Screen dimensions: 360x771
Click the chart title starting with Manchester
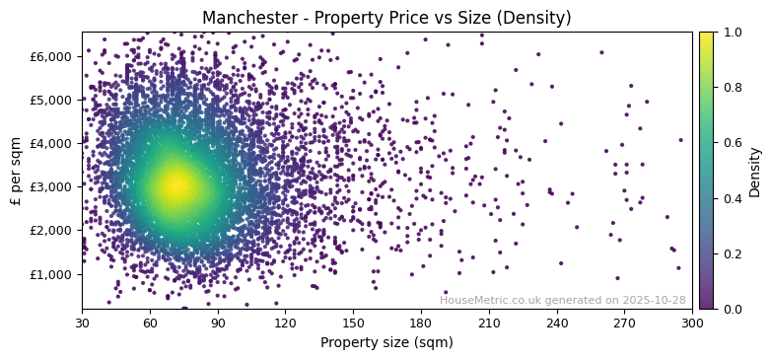[386, 18]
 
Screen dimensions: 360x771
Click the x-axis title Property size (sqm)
[386, 343]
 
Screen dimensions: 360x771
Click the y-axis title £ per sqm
[16, 171]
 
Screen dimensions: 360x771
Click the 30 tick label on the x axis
[82, 322]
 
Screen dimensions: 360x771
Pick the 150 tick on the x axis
[353, 322]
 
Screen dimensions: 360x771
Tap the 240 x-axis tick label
[557, 322]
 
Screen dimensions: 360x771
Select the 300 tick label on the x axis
[692, 322]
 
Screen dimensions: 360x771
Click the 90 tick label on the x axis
[218, 322]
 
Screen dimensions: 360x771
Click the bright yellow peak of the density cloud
[175, 183]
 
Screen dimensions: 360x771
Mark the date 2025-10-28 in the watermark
[653, 300]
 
